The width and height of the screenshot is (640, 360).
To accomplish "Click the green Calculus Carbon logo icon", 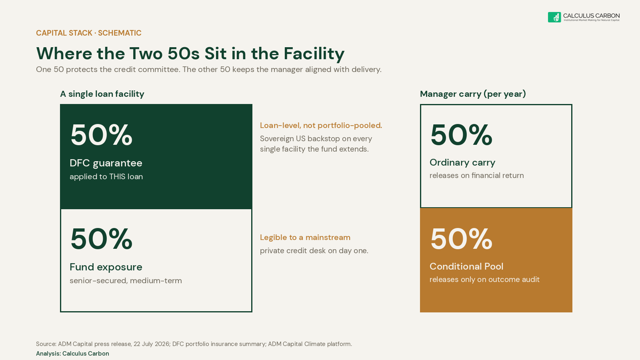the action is (554, 17).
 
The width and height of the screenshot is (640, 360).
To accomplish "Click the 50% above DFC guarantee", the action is (102, 135).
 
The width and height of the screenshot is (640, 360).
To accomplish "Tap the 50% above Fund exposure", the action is (102, 239).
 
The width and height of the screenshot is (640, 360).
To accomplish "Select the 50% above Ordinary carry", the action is (462, 135).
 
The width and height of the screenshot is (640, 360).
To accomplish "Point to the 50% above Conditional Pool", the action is (462, 239).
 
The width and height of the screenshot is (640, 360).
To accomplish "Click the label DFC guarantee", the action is (106, 163).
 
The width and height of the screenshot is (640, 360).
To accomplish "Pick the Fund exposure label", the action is (106, 267).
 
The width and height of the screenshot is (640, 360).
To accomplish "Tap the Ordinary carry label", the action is (462, 162).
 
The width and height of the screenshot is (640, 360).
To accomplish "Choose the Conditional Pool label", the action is (466, 266).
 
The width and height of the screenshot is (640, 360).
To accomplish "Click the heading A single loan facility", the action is (102, 94).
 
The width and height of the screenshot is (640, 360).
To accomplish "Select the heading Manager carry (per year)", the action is (473, 94).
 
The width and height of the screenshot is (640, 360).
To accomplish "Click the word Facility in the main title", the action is (314, 54).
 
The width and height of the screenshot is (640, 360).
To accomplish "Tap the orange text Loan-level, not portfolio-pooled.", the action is (321, 126).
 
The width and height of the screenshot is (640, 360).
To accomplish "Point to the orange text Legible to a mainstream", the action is (305, 238).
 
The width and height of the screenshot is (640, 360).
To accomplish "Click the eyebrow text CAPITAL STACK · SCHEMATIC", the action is (88, 33).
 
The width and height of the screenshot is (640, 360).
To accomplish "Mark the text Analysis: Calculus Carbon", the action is (72, 354).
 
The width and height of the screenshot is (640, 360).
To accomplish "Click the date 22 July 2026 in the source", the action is (152, 344).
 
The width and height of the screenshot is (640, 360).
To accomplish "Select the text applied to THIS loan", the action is (106, 176).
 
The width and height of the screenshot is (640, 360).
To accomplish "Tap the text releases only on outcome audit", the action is (484, 280).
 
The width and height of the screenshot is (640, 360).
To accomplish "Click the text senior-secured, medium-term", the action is (126, 280).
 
